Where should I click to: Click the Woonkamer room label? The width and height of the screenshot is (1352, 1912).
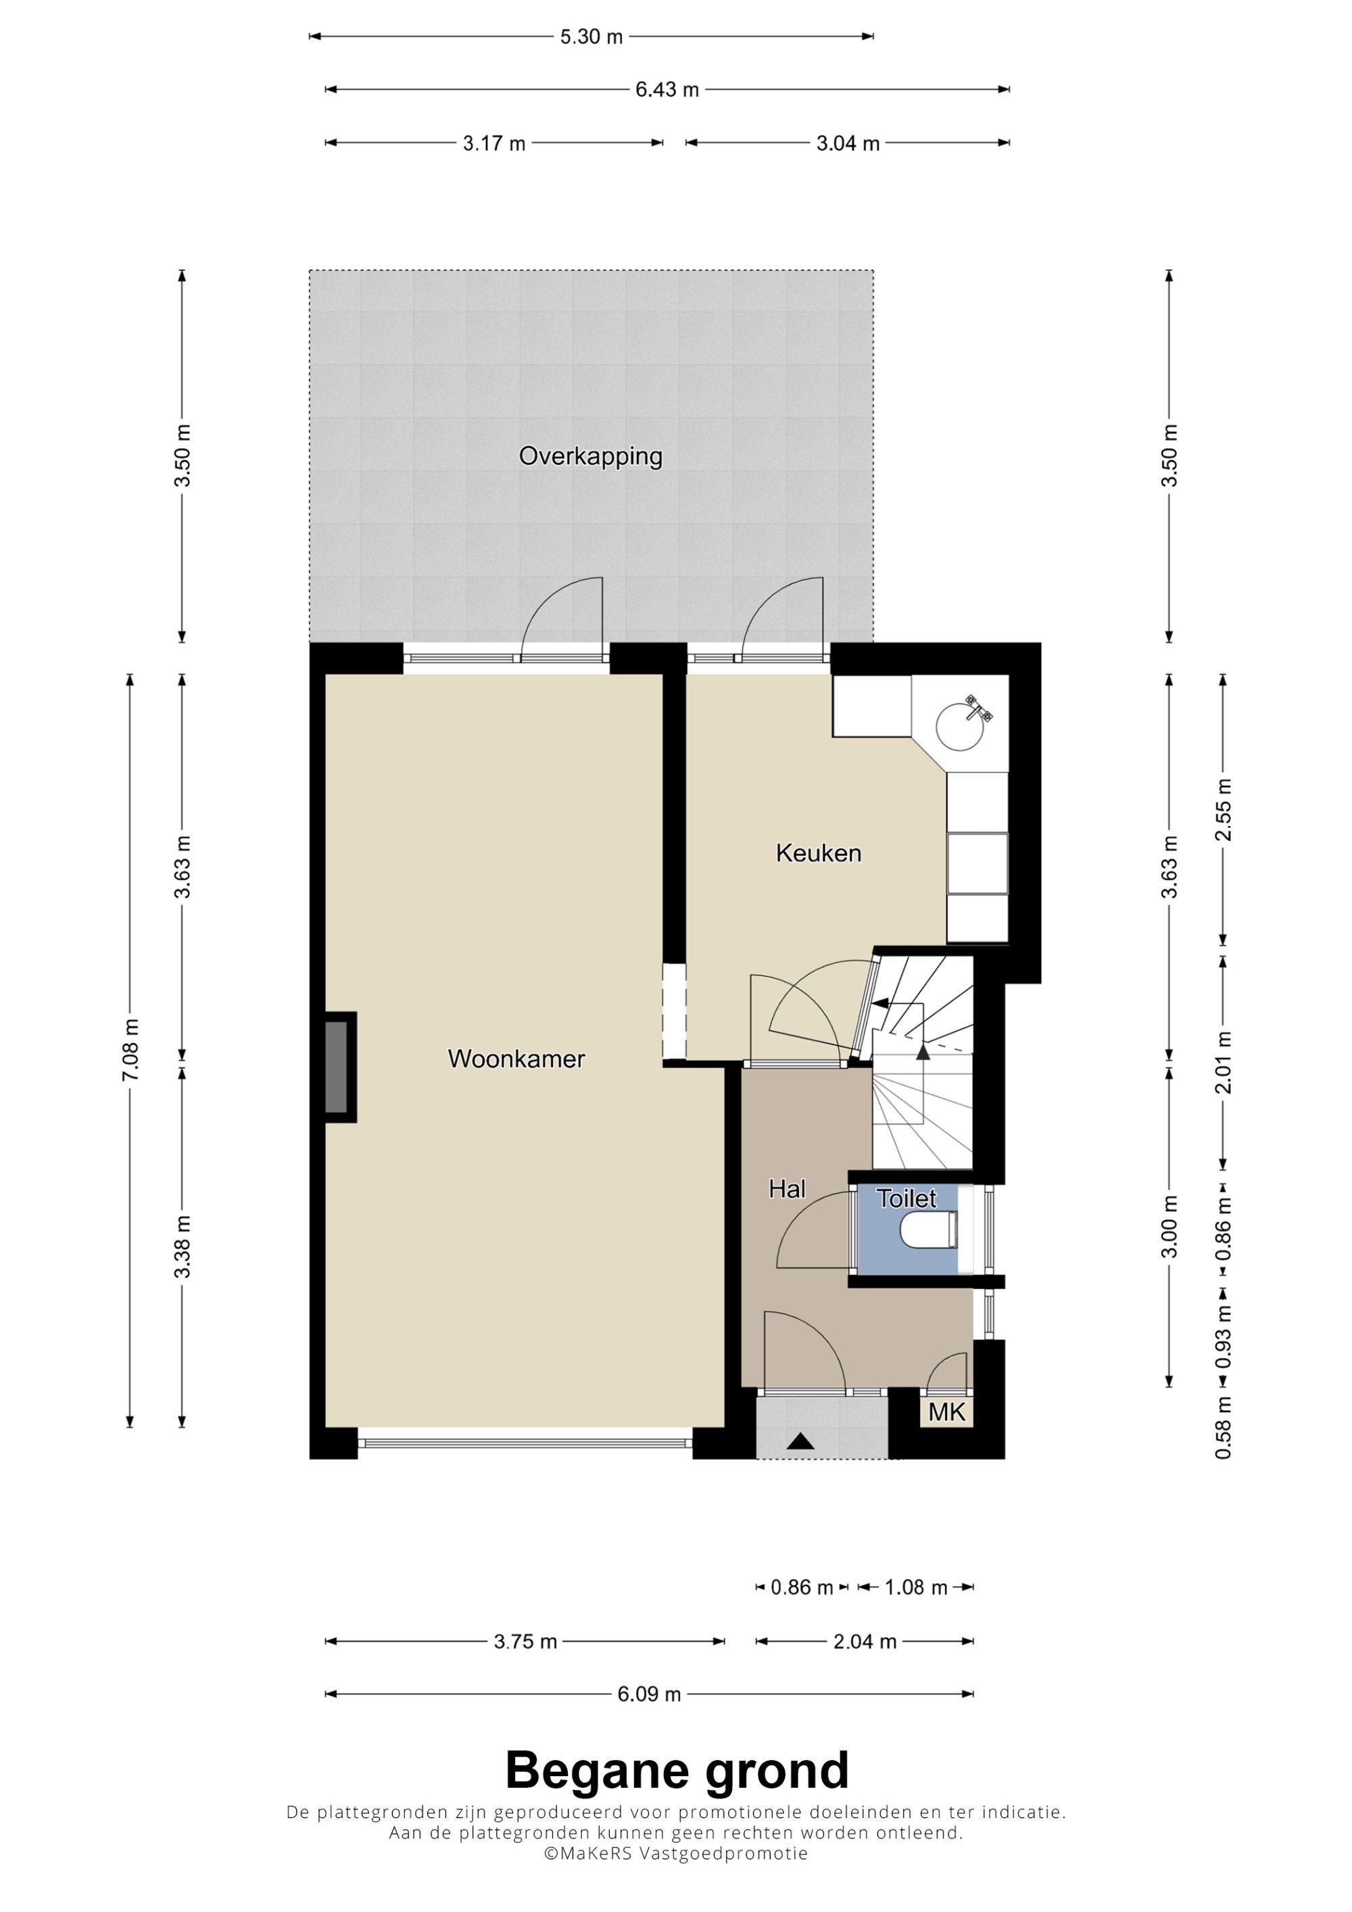click(x=516, y=1059)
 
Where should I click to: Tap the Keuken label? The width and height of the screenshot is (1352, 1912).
click(x=818, y=853)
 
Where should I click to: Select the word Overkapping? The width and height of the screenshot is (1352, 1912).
click(x=591, y=456)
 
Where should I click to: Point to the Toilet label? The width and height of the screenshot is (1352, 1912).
click(x=907, y=1199)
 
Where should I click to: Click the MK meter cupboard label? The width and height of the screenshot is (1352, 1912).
click(x=946, y=1411)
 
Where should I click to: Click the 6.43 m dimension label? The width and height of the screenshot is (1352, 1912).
click(x=667, y=89)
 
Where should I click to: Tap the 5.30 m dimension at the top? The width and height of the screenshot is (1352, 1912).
click(x=591, y=36)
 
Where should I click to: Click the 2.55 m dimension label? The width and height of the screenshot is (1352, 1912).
click(x=1224, y=810)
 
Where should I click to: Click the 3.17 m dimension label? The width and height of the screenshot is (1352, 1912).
click(x=494, y=143)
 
